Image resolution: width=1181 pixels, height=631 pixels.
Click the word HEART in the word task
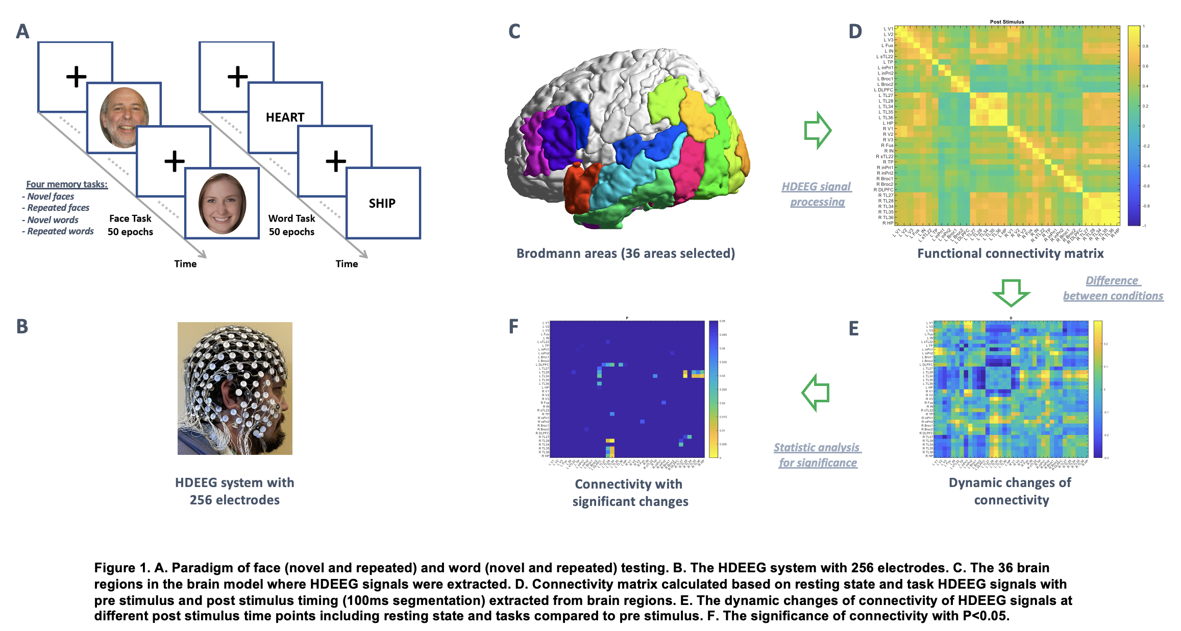pos(285,117)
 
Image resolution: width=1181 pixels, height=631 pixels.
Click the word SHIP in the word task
pos(382,203)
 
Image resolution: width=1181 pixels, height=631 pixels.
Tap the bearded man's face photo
pos(124,117)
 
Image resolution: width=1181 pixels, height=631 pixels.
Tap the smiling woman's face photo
pos(222,203)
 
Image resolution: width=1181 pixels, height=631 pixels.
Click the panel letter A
pos(22,32)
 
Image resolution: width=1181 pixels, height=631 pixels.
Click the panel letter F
pos(513,327)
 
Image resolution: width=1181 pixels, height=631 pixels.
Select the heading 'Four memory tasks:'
pos(67,184)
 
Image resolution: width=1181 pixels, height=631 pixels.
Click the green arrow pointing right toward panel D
pos(818,130)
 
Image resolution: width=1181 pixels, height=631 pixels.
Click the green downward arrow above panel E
pos(1011,292)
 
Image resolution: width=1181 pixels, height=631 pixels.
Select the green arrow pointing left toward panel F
pos(816,393)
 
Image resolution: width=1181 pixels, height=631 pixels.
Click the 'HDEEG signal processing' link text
pos(817,194)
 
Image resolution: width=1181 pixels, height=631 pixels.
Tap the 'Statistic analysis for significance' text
pos(817,455)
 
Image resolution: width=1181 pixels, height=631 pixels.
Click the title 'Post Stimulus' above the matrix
pos(1006,22)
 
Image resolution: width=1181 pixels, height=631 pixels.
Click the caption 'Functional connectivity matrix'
pos(1010,253)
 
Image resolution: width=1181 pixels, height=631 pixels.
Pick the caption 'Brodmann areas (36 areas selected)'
pos(625,253)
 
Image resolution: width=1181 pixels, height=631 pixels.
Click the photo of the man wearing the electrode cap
pos(235,388)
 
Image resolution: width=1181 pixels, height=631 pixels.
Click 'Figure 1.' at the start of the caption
pos(121,568)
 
